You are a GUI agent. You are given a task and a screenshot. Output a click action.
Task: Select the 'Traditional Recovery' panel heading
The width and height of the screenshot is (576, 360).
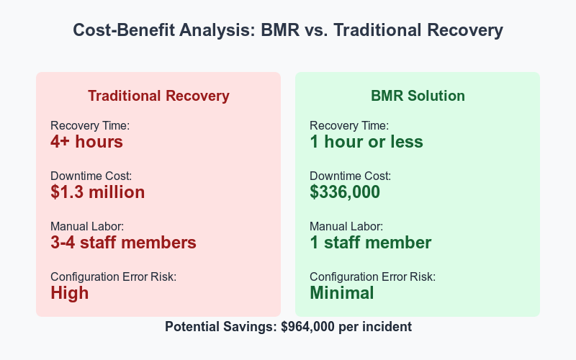pos(158,96)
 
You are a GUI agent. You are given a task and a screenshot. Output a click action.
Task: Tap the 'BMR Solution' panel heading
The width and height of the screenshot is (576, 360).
pos(418,96)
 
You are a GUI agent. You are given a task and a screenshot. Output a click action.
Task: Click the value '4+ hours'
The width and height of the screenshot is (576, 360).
pos(86,142)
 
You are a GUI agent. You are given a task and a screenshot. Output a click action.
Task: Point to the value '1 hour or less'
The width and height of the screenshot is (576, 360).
pos(366,142)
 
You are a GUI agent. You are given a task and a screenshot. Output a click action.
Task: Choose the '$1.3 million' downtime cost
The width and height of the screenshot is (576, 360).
pos(97,192)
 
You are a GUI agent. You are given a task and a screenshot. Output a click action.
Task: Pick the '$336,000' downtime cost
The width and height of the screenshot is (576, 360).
pos(345,192)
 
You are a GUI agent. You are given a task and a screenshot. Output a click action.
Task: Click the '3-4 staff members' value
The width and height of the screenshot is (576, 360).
pos(123,243)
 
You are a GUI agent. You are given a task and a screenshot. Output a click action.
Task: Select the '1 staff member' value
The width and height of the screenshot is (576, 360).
pos(370,243)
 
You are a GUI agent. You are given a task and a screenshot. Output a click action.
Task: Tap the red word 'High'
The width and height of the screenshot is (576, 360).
pos(70,293)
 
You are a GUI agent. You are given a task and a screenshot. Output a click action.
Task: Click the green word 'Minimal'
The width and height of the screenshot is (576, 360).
pos(341,293)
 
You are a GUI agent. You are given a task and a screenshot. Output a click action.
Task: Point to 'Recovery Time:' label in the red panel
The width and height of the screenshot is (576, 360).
pos(90,126)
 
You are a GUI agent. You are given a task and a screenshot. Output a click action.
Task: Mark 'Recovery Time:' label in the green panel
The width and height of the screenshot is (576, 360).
pos(349,126)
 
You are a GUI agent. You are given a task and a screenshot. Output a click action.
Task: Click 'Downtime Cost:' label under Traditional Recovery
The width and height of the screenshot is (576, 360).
pos(91,176)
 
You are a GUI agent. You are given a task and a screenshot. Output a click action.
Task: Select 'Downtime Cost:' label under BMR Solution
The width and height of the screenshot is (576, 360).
pos(351,176)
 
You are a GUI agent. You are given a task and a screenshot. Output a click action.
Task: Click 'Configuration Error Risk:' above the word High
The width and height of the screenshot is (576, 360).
pos(113,277)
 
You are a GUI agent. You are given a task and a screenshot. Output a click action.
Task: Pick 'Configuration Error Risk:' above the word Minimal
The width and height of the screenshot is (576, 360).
pos(372,277)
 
